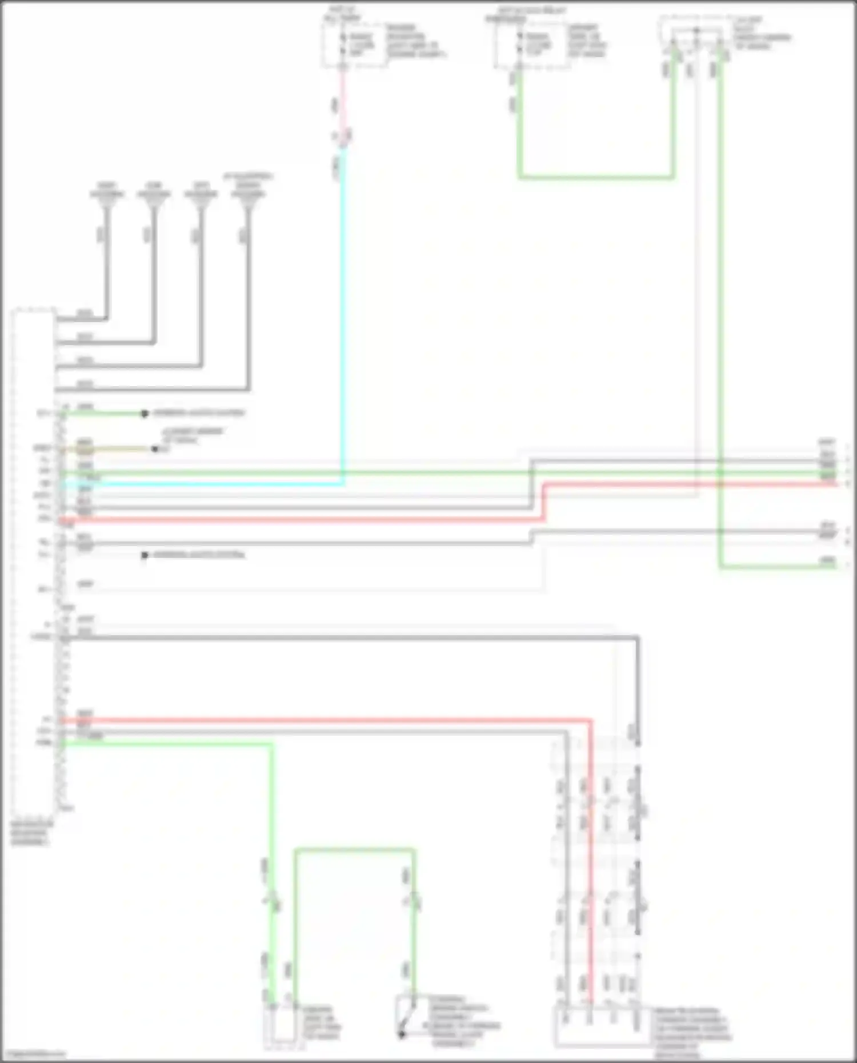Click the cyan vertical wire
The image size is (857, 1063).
343,314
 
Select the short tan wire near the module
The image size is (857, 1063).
114,449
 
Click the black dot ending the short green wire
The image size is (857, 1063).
145,414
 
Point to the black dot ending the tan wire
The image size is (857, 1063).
155,449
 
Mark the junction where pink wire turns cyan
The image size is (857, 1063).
343,146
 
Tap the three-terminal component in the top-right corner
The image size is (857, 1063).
696,40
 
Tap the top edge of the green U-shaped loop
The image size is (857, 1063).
354,851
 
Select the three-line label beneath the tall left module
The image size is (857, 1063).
31,834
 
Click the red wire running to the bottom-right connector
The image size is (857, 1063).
591,857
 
